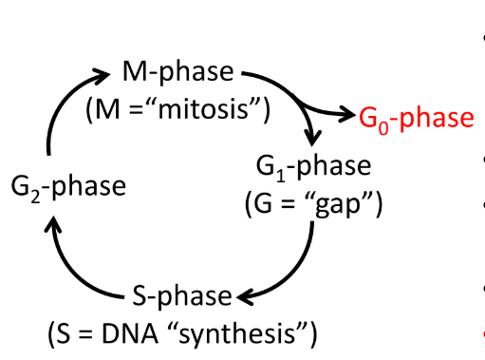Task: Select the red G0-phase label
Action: tap(416, 118)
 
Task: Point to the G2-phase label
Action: tap(67, 185)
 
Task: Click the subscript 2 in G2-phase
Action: tap(33, 193)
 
